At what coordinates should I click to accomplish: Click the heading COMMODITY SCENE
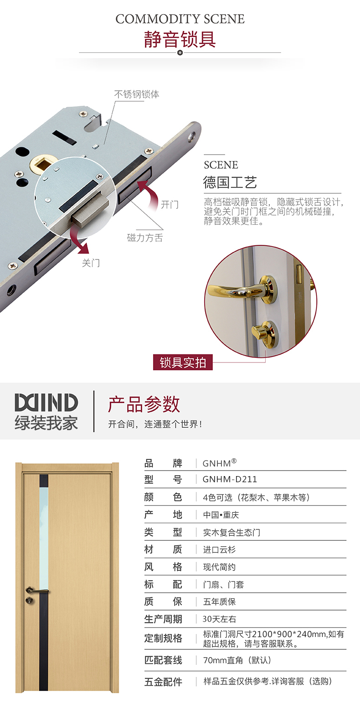click(x=180, y=19)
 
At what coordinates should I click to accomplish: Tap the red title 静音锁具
click(x=180, y=40)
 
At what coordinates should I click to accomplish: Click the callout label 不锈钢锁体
click(x=137, y=94)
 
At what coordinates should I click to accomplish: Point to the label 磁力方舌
click(x=145, y=238)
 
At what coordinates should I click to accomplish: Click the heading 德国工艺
click(x=230, y=182)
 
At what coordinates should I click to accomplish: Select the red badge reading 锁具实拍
click(x=183, y=362)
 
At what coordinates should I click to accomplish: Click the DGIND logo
click(x=46, y=403)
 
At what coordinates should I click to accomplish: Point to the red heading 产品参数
click(x=144, y=404)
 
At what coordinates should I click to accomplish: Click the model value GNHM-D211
click(x=230, y=479)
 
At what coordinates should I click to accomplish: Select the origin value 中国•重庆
click(x=221, y=515)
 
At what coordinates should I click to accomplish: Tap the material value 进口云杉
click(x=219, y=549)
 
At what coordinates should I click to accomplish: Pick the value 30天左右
click(x=219, y=619)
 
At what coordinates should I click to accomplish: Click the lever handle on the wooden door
click(x=37, y=590)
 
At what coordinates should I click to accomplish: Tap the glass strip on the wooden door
click(x=44, y=539)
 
